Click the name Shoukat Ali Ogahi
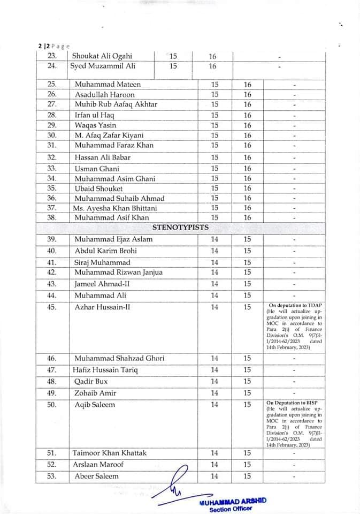(x=102, y=56)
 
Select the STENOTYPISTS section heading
(x=180, y=227)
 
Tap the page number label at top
(x=53, y=46)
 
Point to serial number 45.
(x=52, y=307)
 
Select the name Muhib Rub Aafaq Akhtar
(x=116, y=104)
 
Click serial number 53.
(x=52, y=476)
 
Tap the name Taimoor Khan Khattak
(x=110, y=453)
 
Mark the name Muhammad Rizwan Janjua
(x=119, y=273)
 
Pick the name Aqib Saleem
(x=95, y=405)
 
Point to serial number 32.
(x=52, y=157)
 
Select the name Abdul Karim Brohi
(x=106, y=251)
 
